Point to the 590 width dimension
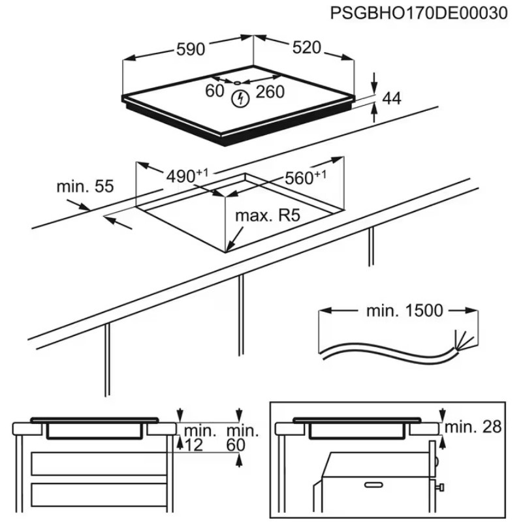(x=191, y=49)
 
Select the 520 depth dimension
(x=306, y=47)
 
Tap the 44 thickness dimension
(x=391, y=99)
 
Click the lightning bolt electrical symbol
(x=242, y=99)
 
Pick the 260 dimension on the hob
(x=270, y=92)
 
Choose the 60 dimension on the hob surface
(x=215, y=91)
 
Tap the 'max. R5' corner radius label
(x=267, y=215)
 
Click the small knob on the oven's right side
(x=442, y=487)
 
